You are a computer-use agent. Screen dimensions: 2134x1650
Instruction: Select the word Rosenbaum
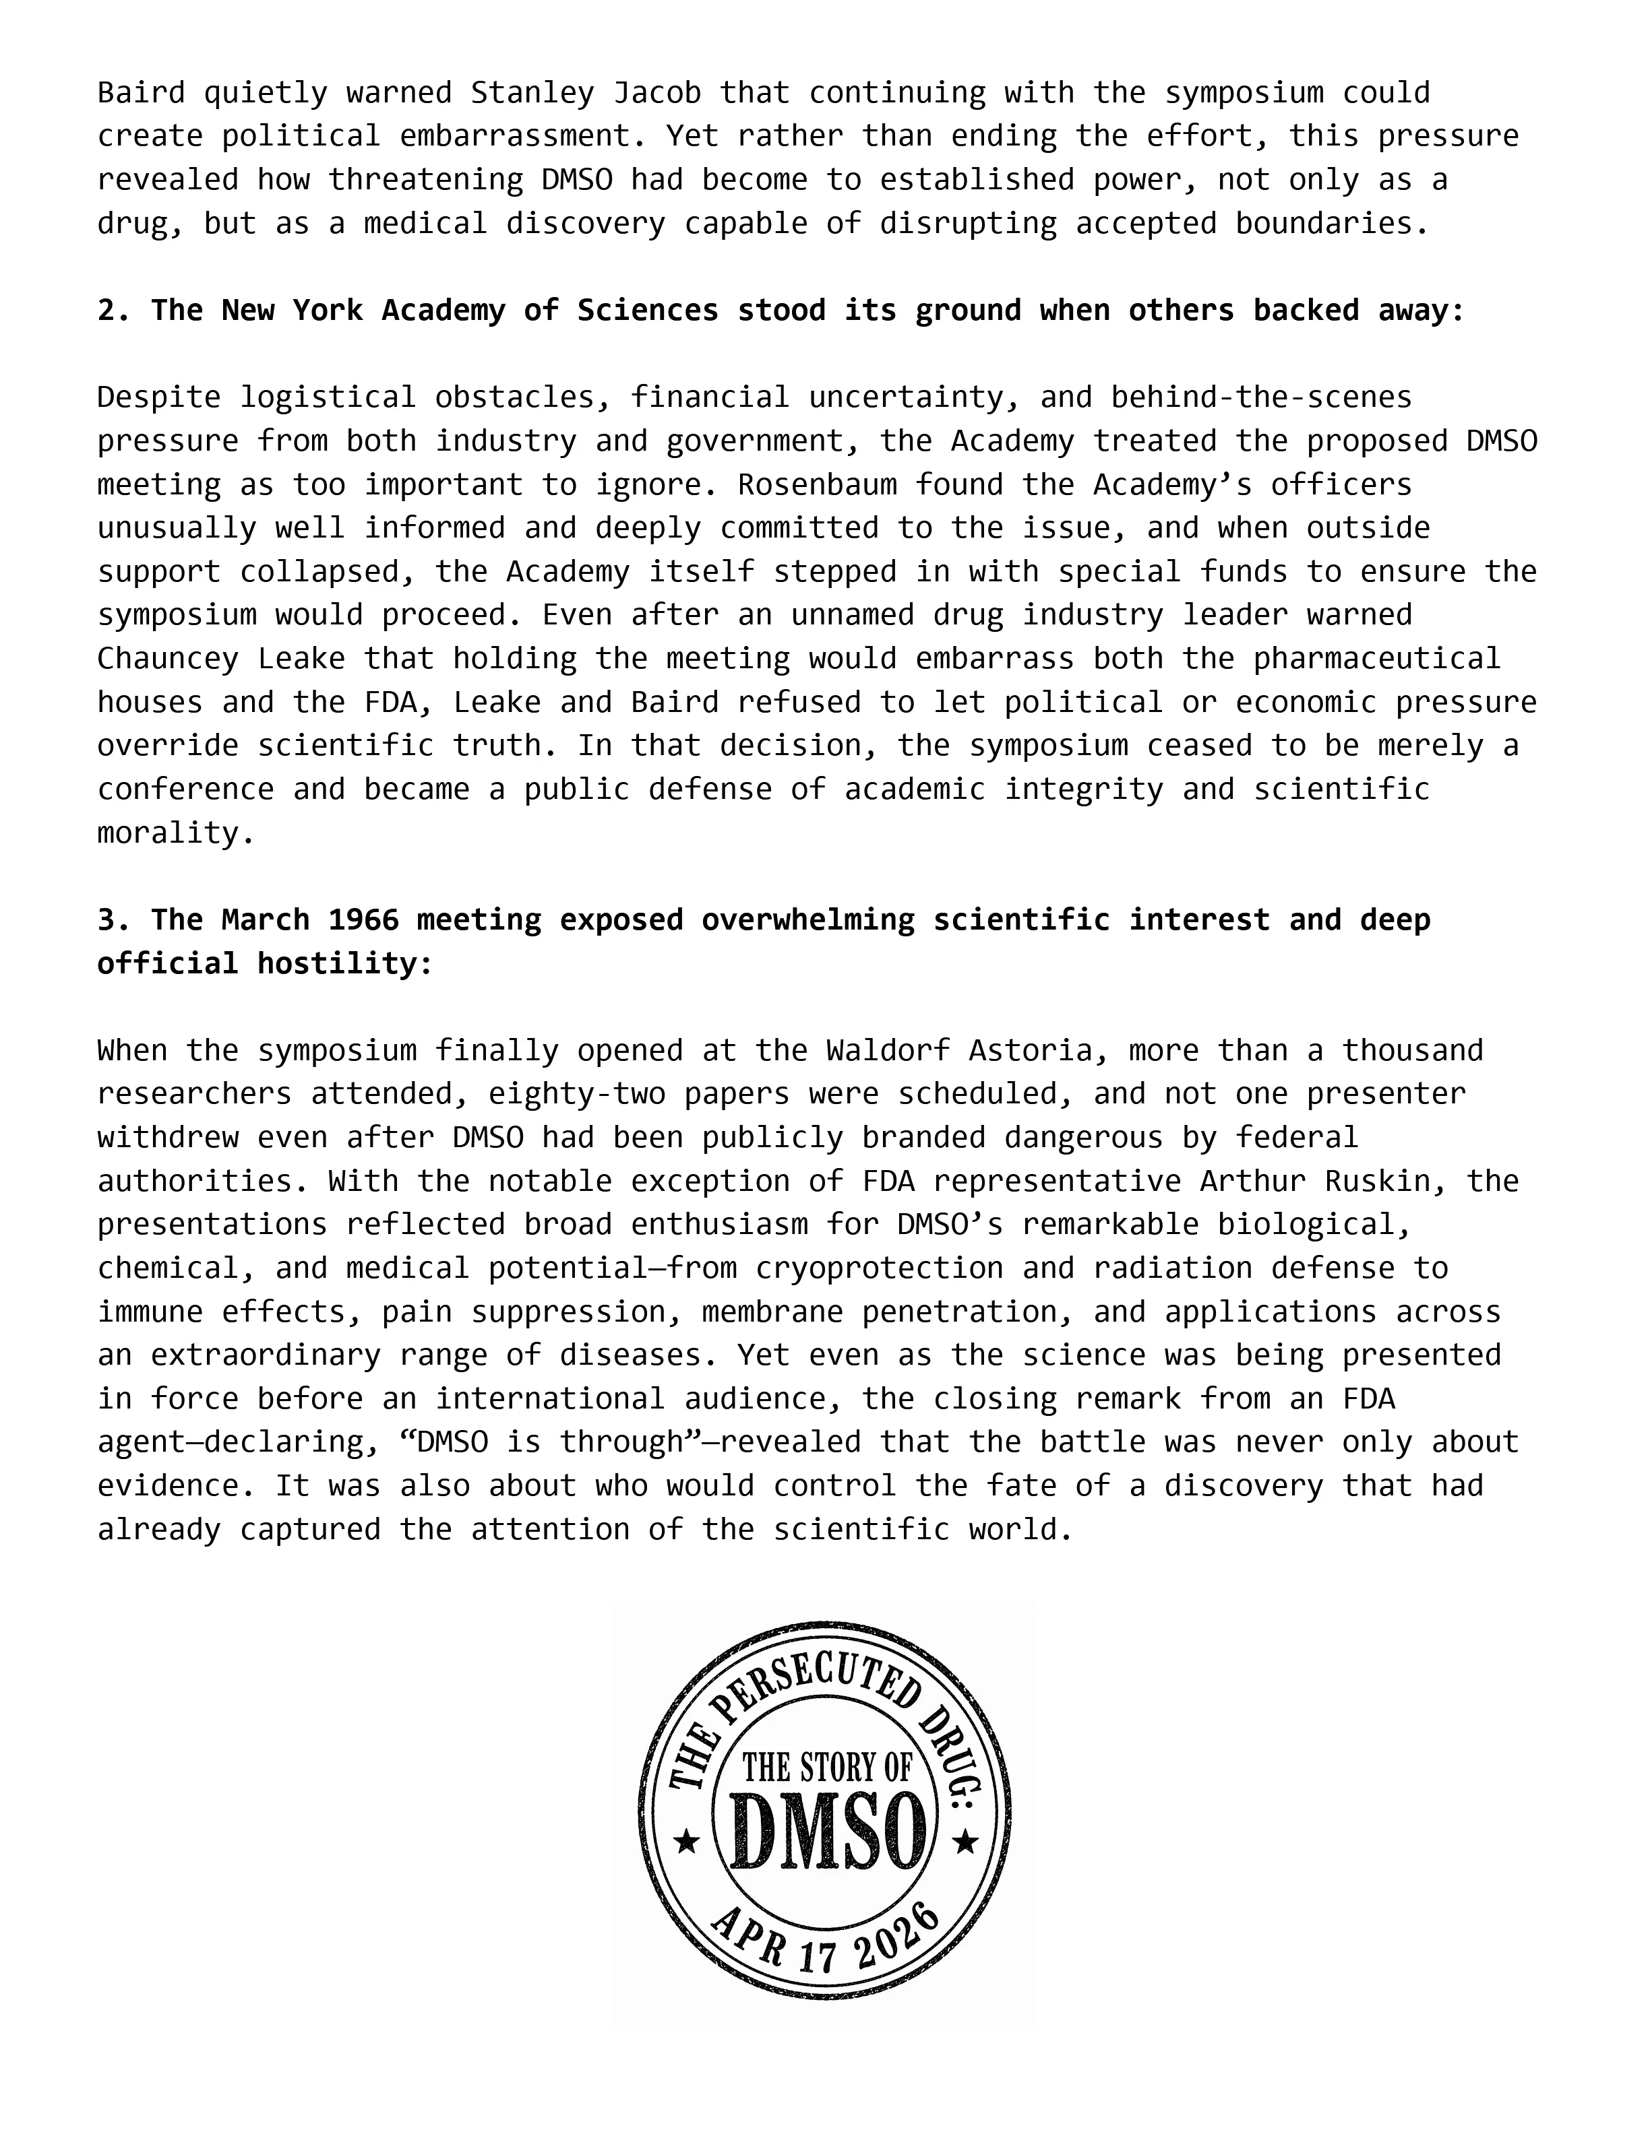816,484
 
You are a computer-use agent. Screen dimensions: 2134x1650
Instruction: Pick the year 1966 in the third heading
363,920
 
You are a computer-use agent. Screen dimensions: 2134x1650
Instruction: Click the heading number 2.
106,311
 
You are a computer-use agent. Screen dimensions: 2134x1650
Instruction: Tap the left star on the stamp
687,1843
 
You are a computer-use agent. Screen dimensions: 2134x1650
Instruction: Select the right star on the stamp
966,1843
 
